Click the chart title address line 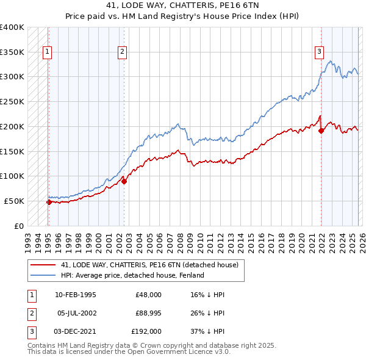pyautogui.click(x=182, y=7)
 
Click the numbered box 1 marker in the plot pyautogui.click(x=48, y=52)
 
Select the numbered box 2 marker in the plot pyautogui.click(x=123, y=52)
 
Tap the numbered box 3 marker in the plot pyautogui.click(x=318, y=52)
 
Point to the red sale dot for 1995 pyautogui.click(x=49, y=202)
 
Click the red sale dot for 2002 pyautogui.click(x=124, y=181)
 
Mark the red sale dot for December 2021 pyautogui.click(x=321, y=130)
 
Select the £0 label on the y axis pyautogui.click(x=19, y=226)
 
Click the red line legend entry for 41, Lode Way pyautogui.click(x=152, y=265)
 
